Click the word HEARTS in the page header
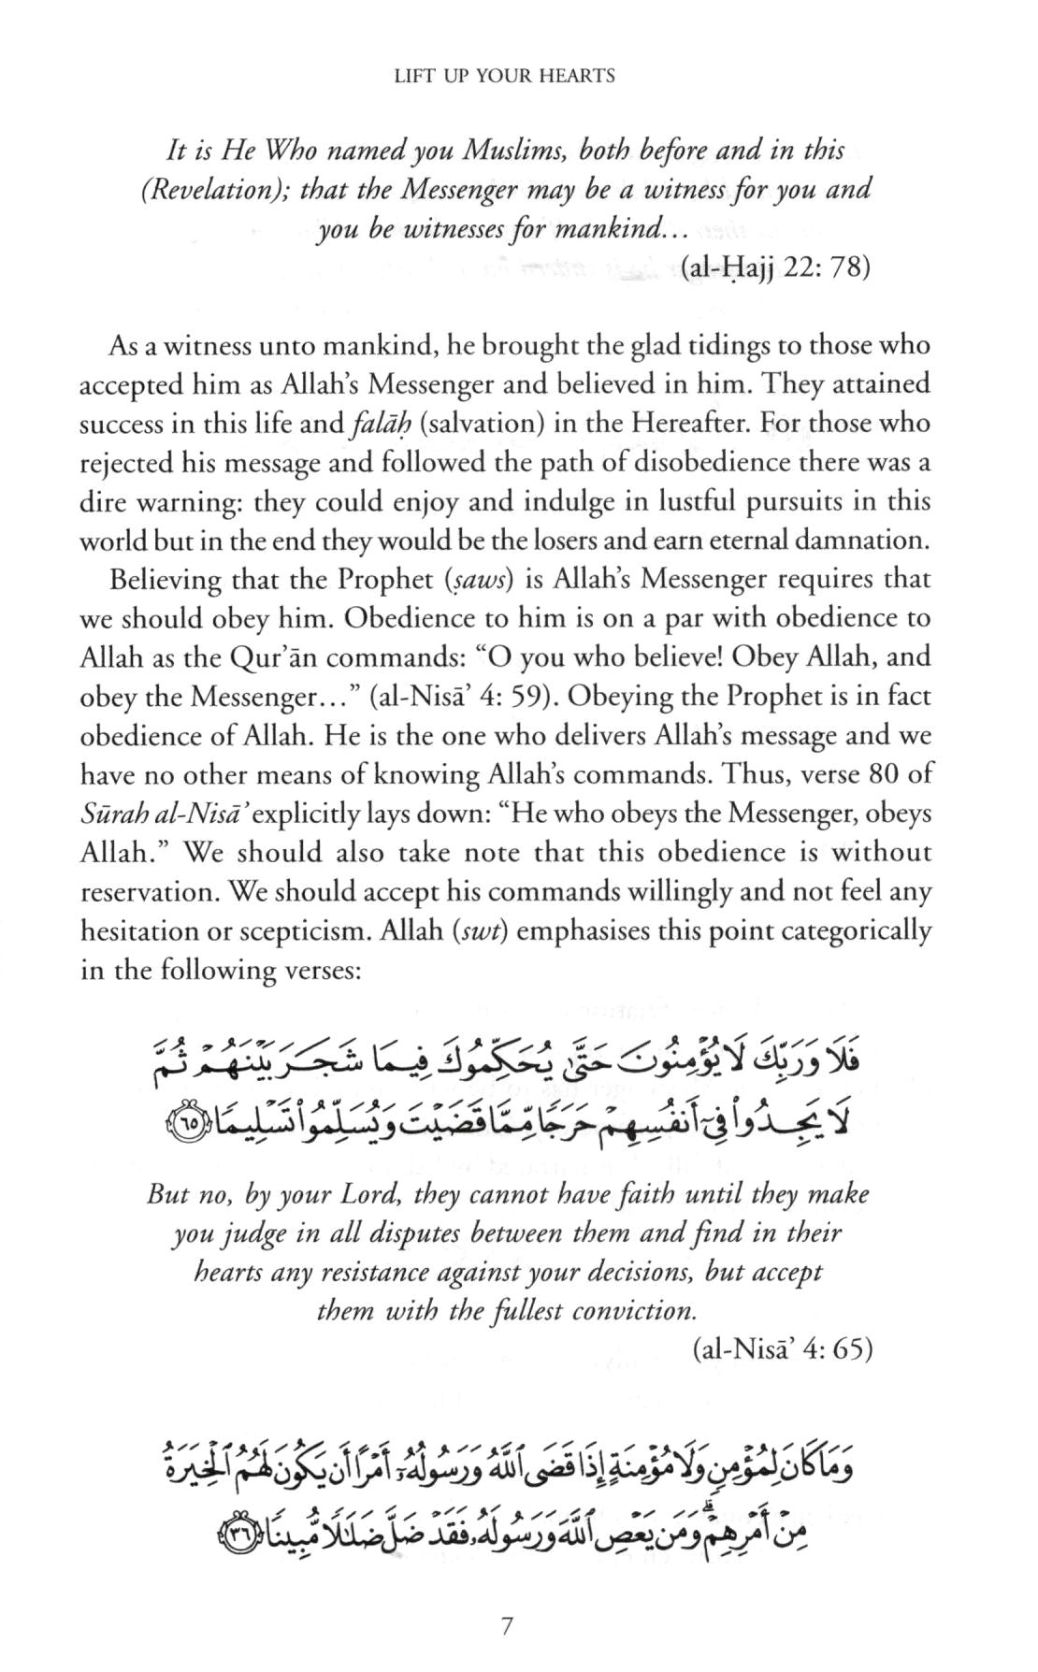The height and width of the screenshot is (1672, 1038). [x=577, y=77]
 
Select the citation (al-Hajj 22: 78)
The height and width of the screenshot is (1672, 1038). [x=775, y=268]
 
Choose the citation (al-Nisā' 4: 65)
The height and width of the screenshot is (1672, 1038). [x=783, y=1350]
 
